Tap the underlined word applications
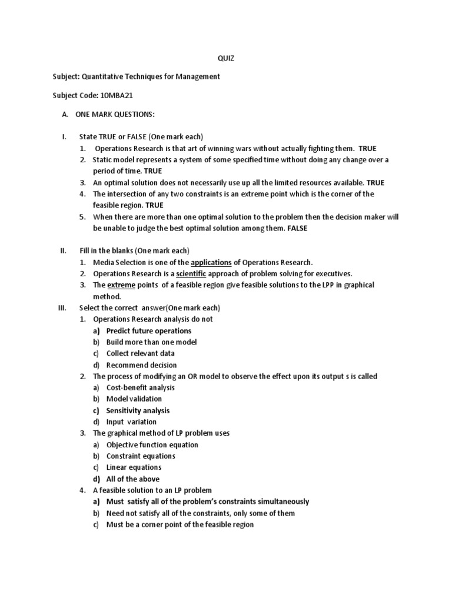(x=211, y=262)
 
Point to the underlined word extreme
(x=121, y=285)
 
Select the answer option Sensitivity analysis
(x=138, y=410)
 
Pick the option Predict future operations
(x=148, y=331)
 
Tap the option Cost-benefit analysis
(x=140, y=388)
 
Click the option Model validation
(x=134, y=399)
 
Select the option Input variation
(x=131, y=422)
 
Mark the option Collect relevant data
(x=140, y=354)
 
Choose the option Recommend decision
(x=141, y=365)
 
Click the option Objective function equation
(x=152, y=445)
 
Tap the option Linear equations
(x=134, y=468)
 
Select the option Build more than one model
(x=151, y=342)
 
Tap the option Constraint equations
(x=141, y=456)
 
